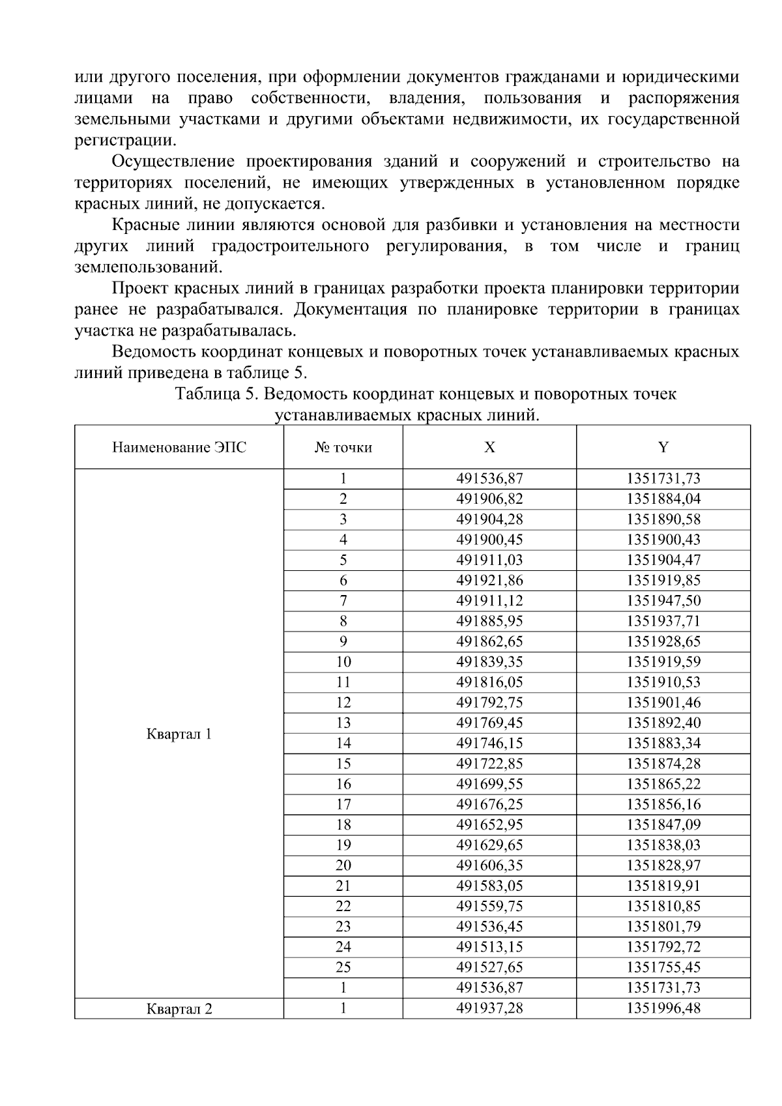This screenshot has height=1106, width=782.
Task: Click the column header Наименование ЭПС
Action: pos(179,447)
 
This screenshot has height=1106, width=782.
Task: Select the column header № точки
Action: pos(343,447)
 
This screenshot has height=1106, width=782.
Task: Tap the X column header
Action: pos(489,447)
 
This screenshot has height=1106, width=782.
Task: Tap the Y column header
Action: pos(663,447)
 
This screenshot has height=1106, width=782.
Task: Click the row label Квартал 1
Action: pos(179,734)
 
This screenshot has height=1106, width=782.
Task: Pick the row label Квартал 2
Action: pos(179,1009)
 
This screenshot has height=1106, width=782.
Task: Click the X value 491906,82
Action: pos(489,499)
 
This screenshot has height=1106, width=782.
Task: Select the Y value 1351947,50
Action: pos(663,600)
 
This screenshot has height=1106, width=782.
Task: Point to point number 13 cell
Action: pos(343,723)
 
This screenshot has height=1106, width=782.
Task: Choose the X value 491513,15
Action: pos(489,946)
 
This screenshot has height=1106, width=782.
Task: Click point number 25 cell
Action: pos(343,967)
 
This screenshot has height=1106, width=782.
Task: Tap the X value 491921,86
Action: pos(489,580)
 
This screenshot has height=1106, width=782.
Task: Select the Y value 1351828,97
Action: pos(663,865)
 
